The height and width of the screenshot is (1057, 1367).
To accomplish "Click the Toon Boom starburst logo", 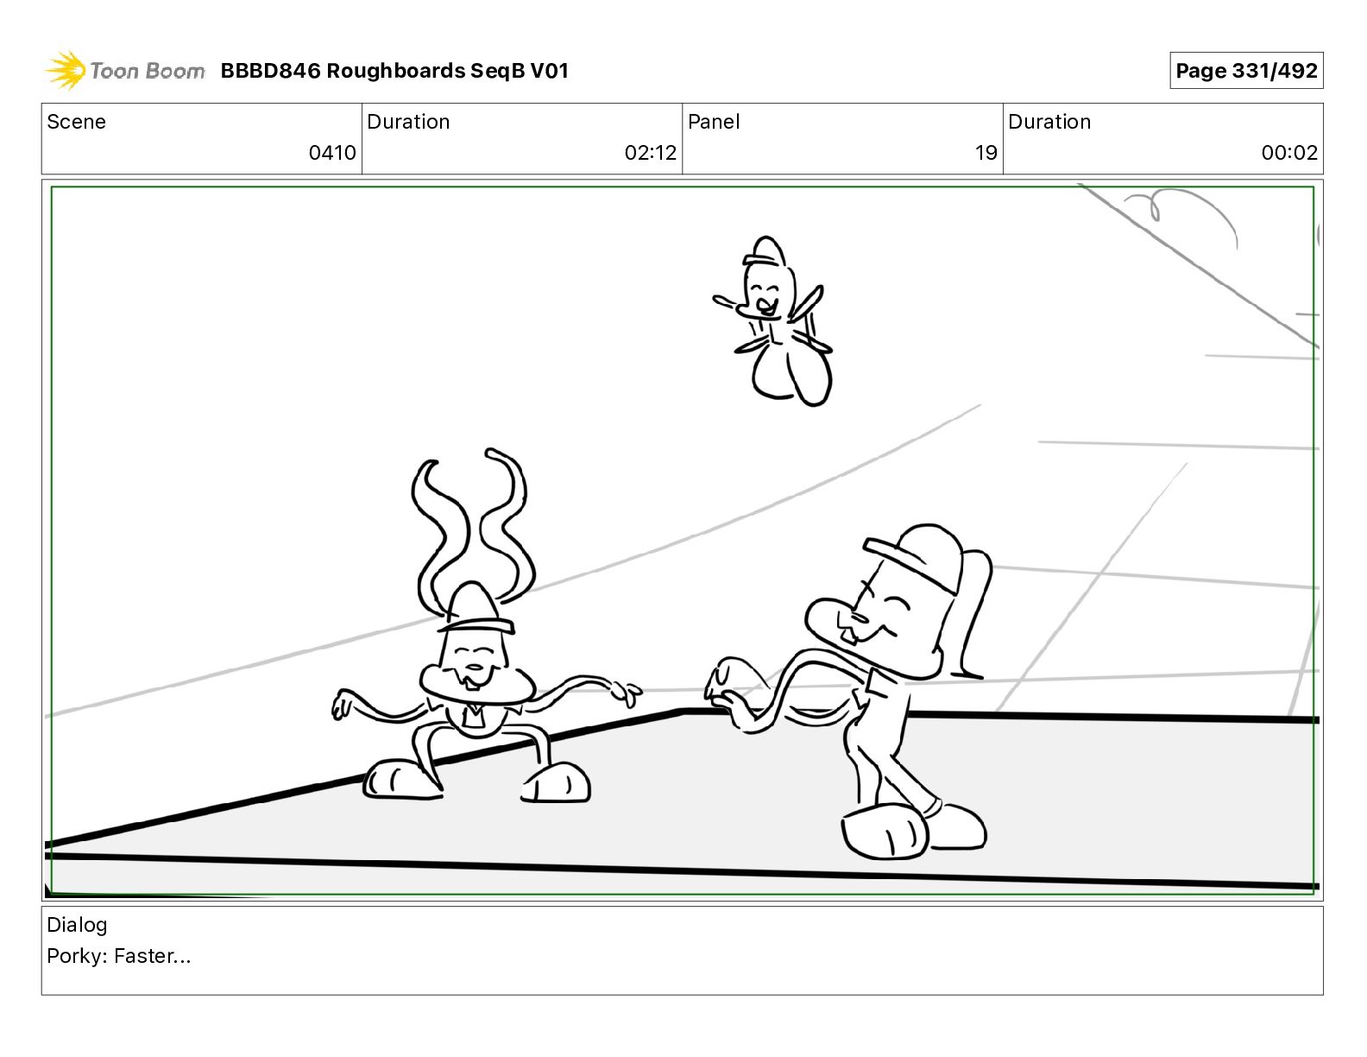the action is pos(66,71).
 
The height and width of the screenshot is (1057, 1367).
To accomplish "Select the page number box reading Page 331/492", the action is pos(1245,71).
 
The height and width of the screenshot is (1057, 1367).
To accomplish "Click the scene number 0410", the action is pos(331,152).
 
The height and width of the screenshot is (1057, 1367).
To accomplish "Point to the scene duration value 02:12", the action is pos(650,152).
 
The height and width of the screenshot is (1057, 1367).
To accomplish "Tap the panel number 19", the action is pos(986,152).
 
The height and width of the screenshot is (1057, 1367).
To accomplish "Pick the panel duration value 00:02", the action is pos(1289,152).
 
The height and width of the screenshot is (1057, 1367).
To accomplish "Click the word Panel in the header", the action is pos(714,122).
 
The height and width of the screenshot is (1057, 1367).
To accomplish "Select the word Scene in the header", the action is pos(76,122).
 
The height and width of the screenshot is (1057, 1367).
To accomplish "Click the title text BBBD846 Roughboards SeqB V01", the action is pos(394,71).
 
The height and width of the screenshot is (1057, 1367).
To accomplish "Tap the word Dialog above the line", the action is pos(77,925).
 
